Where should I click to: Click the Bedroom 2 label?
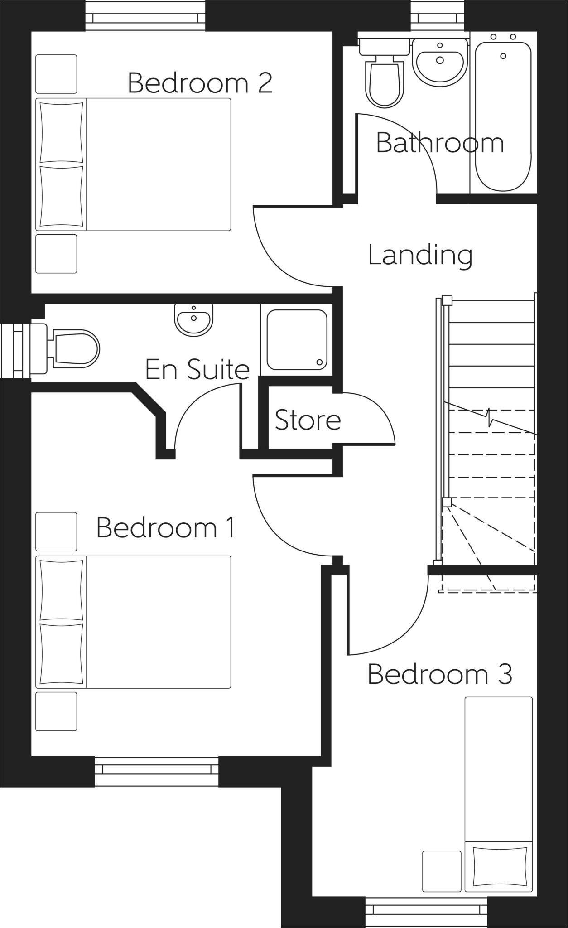pos(200,83)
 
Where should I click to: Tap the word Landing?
pos(420,255)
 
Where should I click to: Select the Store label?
pos(308,420)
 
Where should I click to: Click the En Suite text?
pos(197,369)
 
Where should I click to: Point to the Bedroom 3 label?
pos(439,674)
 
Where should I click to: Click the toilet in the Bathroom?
pos(385,82)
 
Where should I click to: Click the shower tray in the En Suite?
pos(297,340)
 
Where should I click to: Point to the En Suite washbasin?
pos(194,319)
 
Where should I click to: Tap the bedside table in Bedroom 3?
pos(442,871)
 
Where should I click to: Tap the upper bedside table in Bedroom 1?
pos(56,532)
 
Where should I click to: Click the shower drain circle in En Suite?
pos(320,362)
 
